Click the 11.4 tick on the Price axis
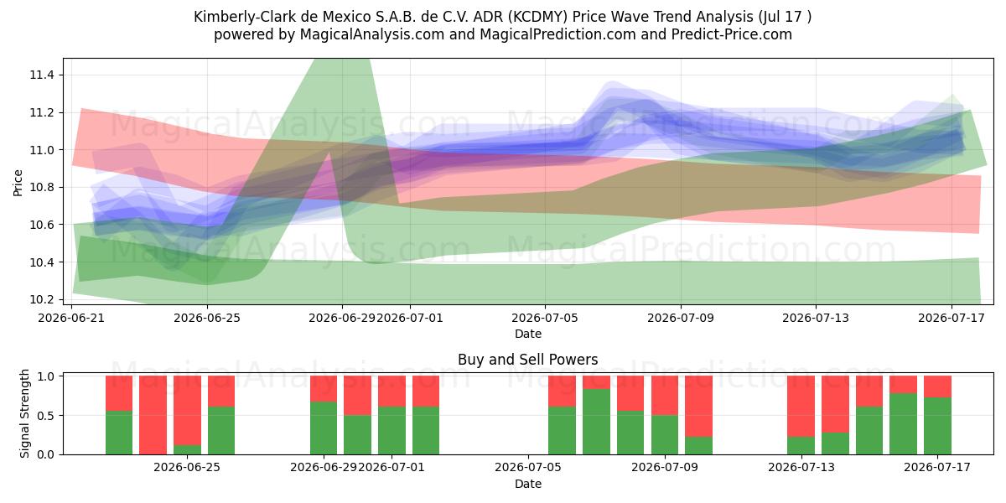(x=42, y=75)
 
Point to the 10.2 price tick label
(x=42, y=299)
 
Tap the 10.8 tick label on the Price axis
(x=42, y=187)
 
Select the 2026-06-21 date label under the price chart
(x=71, y=318)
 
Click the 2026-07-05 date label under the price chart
(x=545, y=318)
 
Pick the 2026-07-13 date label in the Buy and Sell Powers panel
(x=801, y=468)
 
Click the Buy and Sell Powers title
(x=527, y=360)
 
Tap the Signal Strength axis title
(x=24, y=413)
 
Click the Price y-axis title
(x=18, y=183)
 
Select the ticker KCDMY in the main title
(x=536, y=17)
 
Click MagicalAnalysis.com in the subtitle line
(x=372, y=34)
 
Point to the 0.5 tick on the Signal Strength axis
(x=45, y=416)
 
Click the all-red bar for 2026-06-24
(x=153, y=415)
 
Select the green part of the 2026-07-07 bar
(x=596, y=422)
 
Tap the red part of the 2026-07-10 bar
(x=699, y=407)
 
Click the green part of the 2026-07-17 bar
(x=938, y=426)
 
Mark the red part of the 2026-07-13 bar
(x=801, y=407)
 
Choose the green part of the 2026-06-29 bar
(x=324, y=428)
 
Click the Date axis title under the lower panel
(x=527, y=484)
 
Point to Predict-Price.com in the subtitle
(x=732, y=34)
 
